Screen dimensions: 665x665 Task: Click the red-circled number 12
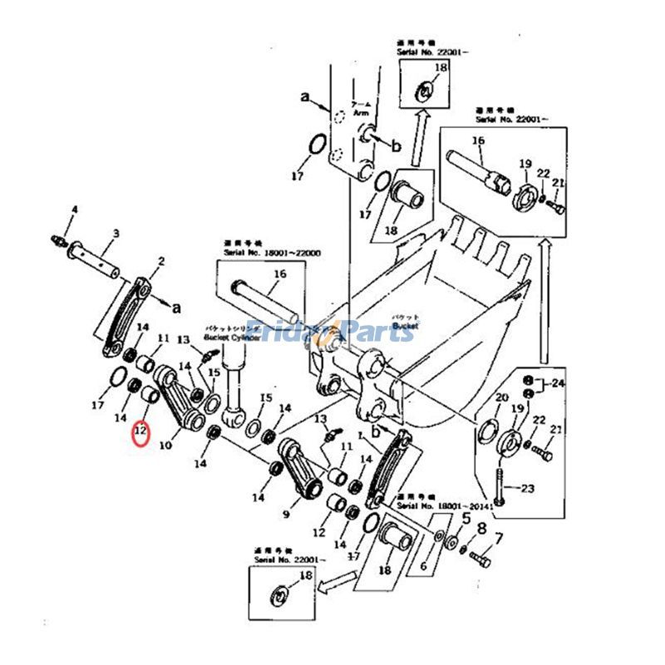click(x=140, y=431)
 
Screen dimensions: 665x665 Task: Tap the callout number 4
click(x=73, y=209)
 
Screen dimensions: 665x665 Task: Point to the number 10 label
click(x=165, y=446)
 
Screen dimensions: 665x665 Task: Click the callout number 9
click(x=286, y=515)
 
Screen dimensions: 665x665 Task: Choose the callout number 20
click(x=500, y=398)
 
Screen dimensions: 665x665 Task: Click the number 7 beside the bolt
click(x=499, y=538)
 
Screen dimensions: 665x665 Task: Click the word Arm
click(x=359, y=111)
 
